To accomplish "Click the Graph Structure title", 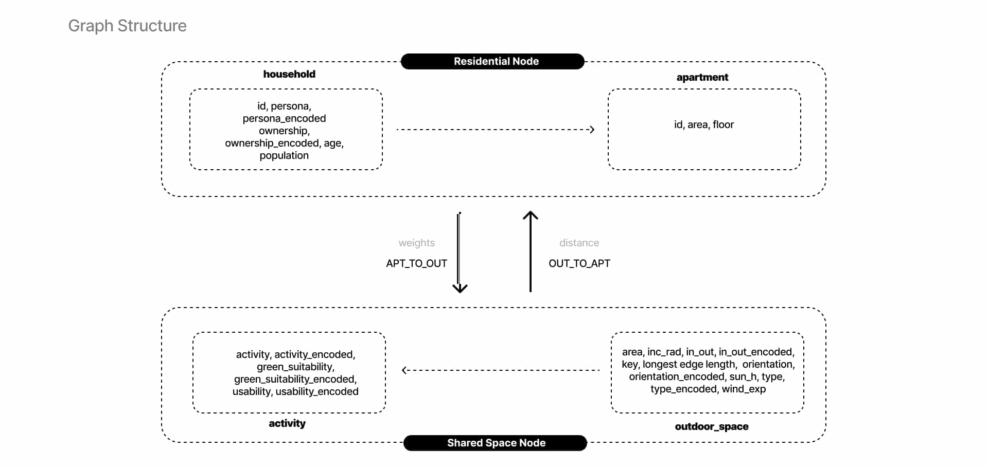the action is pyautogui.click(x=127, y=26).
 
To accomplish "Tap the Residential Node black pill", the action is pyautogui.click(x=492, y=61).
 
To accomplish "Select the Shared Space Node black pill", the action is pyautogui.click(x=495, y=443).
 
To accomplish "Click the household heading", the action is pyautogui.click(x=289, y=74).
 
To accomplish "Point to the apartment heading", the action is pyautogui.click(x=702, y=78).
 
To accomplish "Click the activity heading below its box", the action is pyautogui.click(x=287, y=423).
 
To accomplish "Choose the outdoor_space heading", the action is pyautogui.click(x=712, y=426).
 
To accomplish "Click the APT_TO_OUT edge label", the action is pyautogui.click(x=417, y=263).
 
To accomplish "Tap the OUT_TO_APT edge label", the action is pyautogui.click(x=579, y=263).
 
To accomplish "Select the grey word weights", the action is pyautogui.click(x=417, y=243).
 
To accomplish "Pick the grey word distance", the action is pyautogui.click(x=579, y=243).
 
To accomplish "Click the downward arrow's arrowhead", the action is pyautogui.click(x=460, y=288).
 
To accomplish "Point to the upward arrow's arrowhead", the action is pyautogui.click(x=531, y=215).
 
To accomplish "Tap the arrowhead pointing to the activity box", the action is pyautogui.click(x=405, y=370).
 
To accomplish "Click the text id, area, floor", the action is pyautogui.click(x=704, y=124).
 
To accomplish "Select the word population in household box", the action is pyautogui.click(x=284, y=155).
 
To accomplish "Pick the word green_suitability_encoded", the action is pyautogui.click(x=295, y=379).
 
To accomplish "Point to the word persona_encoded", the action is pyautogui.click(x=284, y=118).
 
